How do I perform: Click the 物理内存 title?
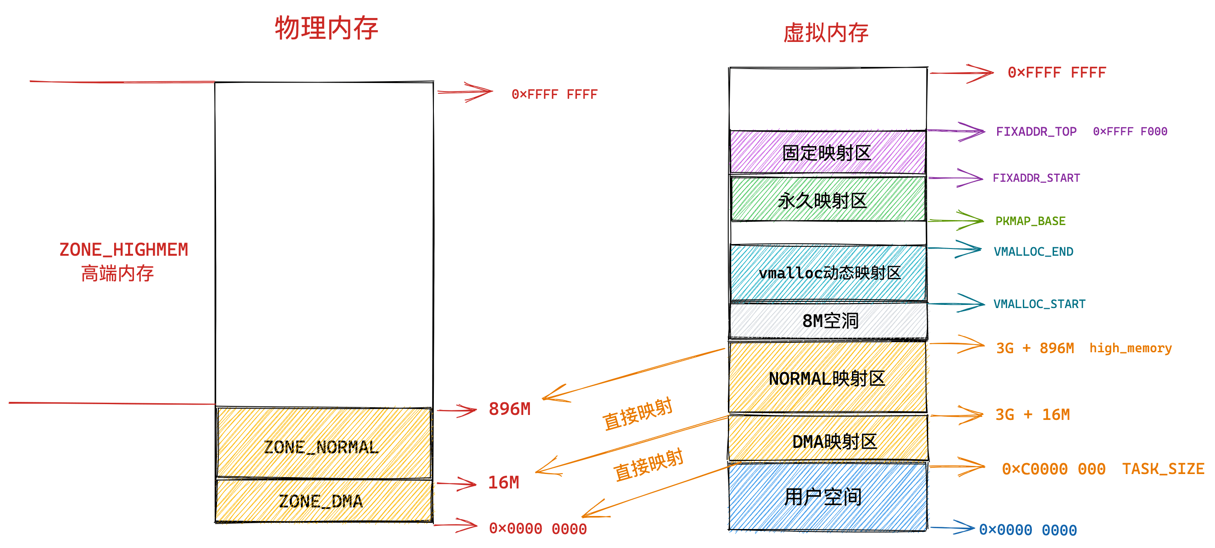tap(327, 28)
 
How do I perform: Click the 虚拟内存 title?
tap(826, 33)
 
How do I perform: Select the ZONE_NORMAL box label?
tap(321, 447)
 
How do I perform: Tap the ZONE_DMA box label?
tap(321, 501)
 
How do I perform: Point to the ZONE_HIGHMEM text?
tap(124, 249)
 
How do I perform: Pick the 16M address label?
tap(503, 483)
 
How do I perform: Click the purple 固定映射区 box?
tap(827, 152)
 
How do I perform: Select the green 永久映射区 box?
tap(828, 199)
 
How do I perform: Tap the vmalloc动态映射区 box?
tap(828, 272)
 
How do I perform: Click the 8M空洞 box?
tap(828, 321)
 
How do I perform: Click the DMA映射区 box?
tap(828, 438)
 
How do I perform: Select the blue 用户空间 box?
tap(827, 497)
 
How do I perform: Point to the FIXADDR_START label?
tap(1036, 178)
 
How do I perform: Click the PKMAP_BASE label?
tap(1030, 221)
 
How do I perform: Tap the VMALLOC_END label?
tap(1033, 252)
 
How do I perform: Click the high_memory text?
tap(1131, 348)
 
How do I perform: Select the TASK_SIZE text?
tap(1163, 469)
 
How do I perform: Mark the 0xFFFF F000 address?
tap(1130, 132)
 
